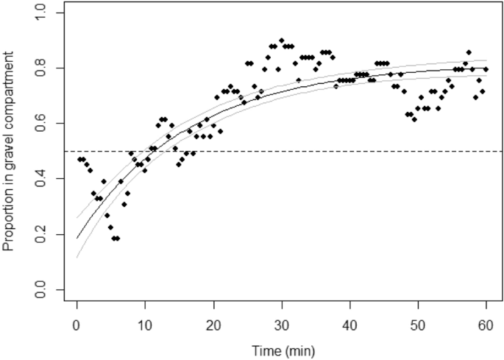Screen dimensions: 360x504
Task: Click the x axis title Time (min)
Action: point(281,350)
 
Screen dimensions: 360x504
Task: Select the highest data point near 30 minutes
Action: point(281,40)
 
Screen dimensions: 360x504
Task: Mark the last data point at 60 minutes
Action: point(486,69)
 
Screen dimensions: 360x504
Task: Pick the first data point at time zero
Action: point(79,160)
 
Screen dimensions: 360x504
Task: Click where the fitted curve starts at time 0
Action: point(77,238)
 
